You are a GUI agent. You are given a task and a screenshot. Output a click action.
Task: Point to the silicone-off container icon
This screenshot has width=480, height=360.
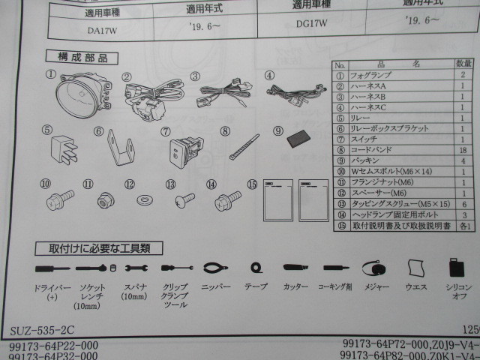pos(457,269)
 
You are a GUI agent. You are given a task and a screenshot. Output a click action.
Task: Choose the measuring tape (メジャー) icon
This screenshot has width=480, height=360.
pos(373,268)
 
